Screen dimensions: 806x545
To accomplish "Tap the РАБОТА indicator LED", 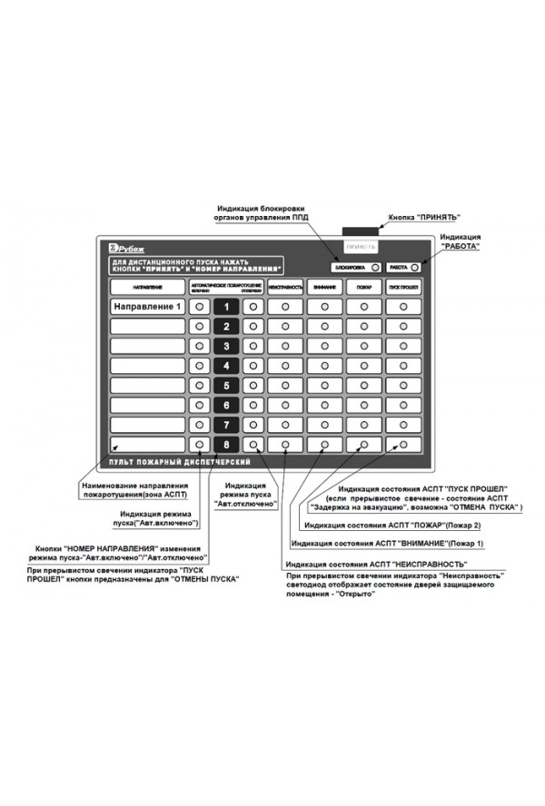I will point(415,268).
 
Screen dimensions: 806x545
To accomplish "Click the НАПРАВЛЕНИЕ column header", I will point(147,286).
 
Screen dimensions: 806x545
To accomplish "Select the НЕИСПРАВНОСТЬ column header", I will point(285,286).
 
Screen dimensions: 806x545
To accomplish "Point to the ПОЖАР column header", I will point(363,286).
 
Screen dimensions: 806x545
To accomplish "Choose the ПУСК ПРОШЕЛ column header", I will point(403,286).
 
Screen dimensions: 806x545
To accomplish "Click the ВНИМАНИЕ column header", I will point(324,286).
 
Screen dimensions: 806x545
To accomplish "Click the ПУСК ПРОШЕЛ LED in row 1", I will point(403,307).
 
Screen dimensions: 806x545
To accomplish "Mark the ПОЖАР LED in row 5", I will point(363,385).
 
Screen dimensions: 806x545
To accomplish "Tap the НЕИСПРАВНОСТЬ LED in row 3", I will point(285,346).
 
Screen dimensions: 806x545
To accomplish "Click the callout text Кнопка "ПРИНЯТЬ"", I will point(424,218).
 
